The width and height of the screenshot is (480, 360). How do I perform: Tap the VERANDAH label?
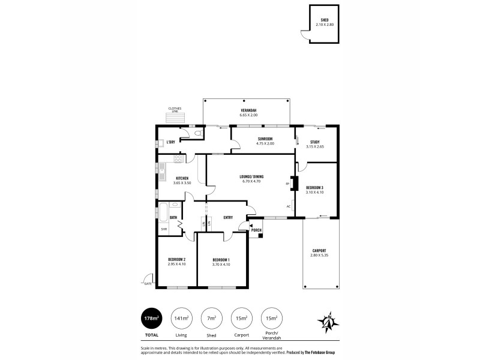click(248, 110)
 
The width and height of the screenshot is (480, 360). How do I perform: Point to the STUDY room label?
click(314, 142)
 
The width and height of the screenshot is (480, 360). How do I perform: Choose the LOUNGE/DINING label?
click(251, 176)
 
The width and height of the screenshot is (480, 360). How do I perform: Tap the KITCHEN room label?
click(182, 178)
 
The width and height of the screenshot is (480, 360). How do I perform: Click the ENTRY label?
click(228, 217)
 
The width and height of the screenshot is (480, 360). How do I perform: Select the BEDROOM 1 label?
click(221, 259)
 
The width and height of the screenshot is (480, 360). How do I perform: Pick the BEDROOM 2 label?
click(176, 259)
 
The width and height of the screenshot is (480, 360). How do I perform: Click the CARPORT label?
click(319, 251)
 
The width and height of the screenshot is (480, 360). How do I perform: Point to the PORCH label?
click(256, 230)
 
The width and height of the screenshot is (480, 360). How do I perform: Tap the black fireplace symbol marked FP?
click(293, 182)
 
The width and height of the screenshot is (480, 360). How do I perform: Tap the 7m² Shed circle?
click(211, 317)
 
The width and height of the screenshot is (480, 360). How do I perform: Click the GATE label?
click(147, 283)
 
